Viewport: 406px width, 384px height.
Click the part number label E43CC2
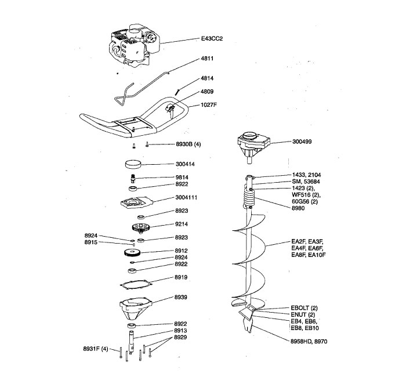(212, 39)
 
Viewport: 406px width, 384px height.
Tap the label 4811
(207, 59)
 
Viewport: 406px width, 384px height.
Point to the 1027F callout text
(209, 104)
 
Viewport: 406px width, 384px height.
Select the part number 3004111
(188, 198)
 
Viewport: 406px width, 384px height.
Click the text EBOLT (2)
(304, 307)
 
